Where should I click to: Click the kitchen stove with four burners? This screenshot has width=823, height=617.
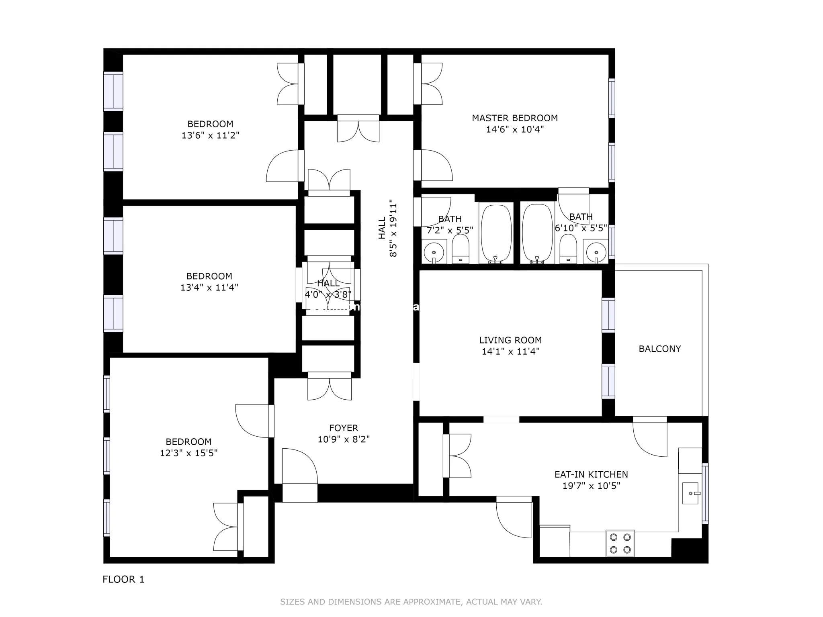tap(620, 543)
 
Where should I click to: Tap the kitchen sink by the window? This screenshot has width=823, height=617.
tap(691, 493)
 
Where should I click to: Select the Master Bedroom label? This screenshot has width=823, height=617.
tap(515, 118)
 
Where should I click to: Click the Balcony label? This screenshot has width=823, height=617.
tap(659, 349)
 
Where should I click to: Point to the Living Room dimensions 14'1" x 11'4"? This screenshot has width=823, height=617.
tap(510, 351)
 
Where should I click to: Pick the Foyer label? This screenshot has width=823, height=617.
tap(344, 428)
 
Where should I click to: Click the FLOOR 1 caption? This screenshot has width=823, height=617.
tap(123, 579)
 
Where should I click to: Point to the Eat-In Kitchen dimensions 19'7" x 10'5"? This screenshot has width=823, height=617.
tap(591, 486)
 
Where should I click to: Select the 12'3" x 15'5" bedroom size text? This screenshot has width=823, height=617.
tap(188, 453)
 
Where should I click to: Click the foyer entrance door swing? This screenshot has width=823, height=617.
tap(299, 466)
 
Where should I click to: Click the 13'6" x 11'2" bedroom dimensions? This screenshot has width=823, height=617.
tap(210, 135)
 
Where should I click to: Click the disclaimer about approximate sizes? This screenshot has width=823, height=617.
tap(411, 602)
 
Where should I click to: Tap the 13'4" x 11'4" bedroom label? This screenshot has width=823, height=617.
tap(209, 276)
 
